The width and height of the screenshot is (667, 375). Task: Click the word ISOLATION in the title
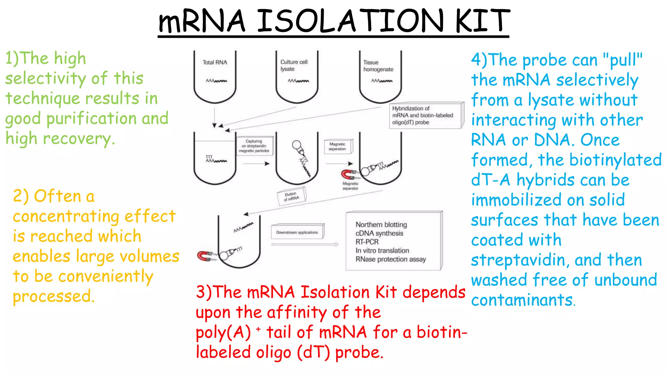pyautogui.click(x=350, y=21)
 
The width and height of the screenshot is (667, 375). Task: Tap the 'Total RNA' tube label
pyautogui.click(x=215, y=62)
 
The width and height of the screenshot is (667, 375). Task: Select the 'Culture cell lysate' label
pyautogui.click(x=294, y=65)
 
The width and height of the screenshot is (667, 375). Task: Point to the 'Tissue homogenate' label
pyautogui.click(x=378, y=66)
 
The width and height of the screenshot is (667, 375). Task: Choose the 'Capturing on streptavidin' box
pyautogui.click(x=254, y=146)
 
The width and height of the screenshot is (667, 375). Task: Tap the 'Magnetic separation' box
pyautogui.click(x=338, y=146)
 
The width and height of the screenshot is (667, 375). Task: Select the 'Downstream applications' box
pyautogui.click(x=297, y=232)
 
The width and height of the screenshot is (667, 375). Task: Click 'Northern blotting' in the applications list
pyautogui.click(x=381, y=225)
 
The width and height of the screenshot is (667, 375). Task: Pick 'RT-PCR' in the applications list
pyautogui.click(x=367, y=242)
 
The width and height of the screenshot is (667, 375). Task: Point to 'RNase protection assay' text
pyautogui.click(x=390, y=259)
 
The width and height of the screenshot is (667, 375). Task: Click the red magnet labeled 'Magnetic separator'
pyautogui.click(x=348, y=174)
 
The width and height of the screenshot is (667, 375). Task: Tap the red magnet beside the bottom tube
pyautogui.click(x=204, y=256)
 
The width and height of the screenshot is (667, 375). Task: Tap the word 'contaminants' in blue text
pyautogui.click(x=522, y=300)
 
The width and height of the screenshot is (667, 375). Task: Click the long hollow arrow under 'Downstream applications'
pyautogui.click(x=305, y=244)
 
